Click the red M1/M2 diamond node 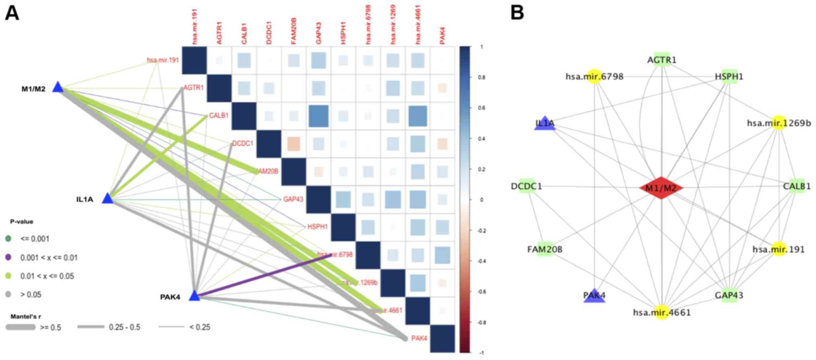[661, 188]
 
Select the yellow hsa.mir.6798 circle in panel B [594, 76]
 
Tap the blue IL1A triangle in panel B [545, 124]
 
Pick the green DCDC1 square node [526, 186]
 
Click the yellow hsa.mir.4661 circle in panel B [661, 312]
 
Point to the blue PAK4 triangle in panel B [594, 297]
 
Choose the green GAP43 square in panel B [729, 296]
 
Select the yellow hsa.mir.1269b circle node [779, 123]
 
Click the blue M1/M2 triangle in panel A [58, 88]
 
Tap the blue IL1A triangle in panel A [107, 198]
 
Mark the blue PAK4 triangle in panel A [194, 296]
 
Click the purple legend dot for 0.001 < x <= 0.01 [8, 257]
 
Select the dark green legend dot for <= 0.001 [8, 239]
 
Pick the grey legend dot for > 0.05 [8, 295]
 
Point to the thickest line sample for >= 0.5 [20, 327]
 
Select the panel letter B [517, 13]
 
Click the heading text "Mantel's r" [26, 317]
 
